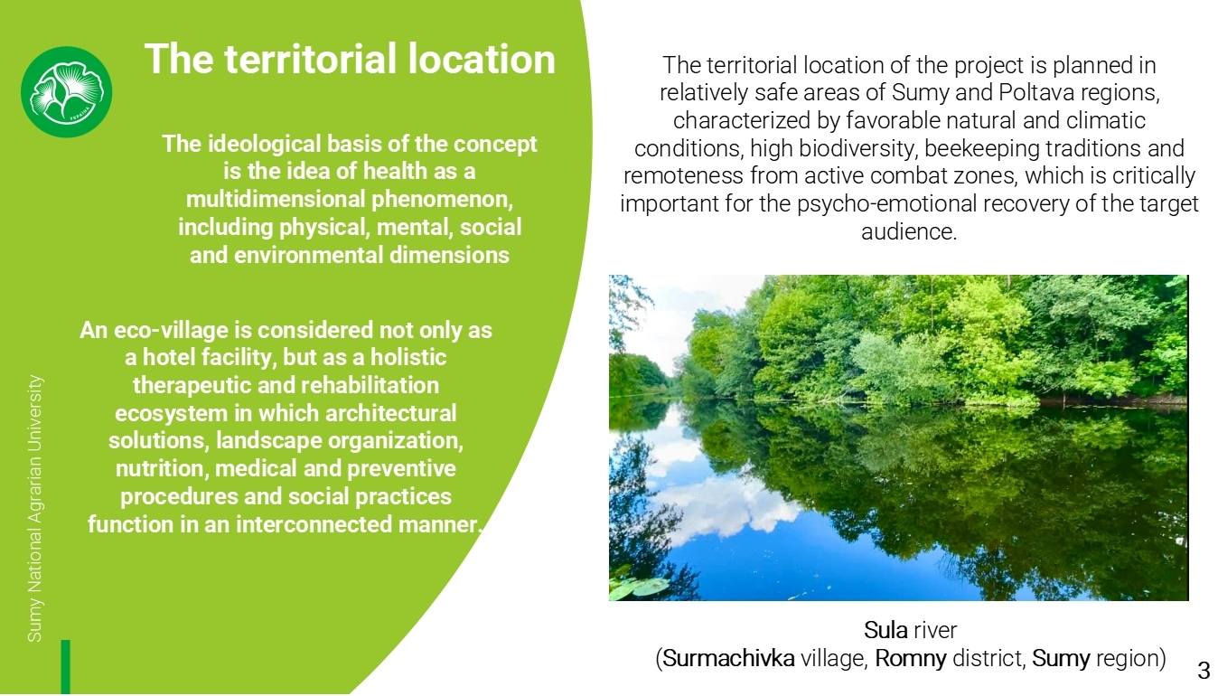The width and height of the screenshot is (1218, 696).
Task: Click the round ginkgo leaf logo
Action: tap(66, 91)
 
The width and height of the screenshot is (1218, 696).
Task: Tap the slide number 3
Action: tap(1204, 670)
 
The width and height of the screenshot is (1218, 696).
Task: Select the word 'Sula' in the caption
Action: tap(885, 630)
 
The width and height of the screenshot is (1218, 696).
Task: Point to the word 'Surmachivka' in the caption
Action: tap(728, 658)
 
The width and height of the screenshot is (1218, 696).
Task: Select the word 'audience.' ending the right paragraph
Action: tap(909, 232)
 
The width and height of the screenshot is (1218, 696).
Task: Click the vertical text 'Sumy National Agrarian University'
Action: tap(35, 508)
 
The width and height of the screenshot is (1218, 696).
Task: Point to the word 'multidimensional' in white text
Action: tap(276, 199)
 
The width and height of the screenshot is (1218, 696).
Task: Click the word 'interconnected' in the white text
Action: tap(314, 525)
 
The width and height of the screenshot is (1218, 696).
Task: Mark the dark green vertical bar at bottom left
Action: tap(66, 667)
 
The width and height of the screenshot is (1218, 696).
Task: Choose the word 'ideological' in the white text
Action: tap(264, 144)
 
